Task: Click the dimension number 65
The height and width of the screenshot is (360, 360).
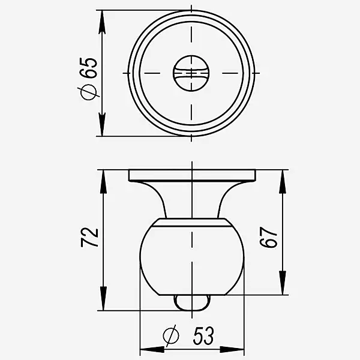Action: pos(88,68)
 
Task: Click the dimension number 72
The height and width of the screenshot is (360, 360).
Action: pos(89,237)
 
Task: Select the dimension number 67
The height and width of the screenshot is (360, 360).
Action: pos(268,238)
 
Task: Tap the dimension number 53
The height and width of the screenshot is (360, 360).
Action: pos(203,335)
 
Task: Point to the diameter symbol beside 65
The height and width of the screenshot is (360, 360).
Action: pos(89,92)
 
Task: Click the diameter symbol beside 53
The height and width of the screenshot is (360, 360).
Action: pos(171,335)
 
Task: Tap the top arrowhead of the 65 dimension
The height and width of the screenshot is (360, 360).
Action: pos(102,22)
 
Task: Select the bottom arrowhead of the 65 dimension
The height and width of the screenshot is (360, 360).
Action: pos(102,124)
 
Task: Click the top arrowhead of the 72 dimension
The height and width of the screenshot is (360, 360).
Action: pos(103,182)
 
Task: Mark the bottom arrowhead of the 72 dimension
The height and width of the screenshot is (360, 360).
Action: pos(103,298)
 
